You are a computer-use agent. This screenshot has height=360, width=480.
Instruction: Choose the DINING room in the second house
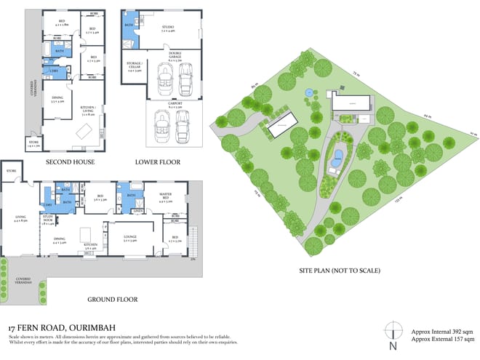pos(57,103)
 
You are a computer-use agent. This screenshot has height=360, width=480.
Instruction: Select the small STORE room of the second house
pos(33,143)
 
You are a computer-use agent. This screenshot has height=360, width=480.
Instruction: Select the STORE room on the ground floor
pos(11,172)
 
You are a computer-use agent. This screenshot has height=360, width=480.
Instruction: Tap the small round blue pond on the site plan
pos(309,93)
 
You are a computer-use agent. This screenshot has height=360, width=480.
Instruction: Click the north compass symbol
pos(392,332)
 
